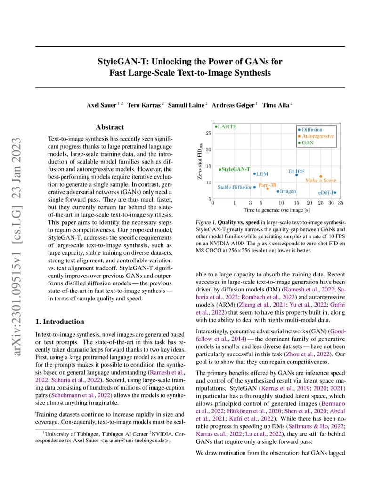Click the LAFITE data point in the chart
215,126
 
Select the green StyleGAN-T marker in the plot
220,169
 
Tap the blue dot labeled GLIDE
296,175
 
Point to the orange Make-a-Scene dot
321,176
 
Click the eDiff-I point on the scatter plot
334,192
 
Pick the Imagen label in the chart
288,191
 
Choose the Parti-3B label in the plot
267,185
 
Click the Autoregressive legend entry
318,136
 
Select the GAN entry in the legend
308,142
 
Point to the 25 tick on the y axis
208,133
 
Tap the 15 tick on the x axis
296,203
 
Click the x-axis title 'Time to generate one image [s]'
276,210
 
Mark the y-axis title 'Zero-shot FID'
200,162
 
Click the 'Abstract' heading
110,127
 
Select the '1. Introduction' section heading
60,322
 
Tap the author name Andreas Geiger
233,105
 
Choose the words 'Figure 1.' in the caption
205,222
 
